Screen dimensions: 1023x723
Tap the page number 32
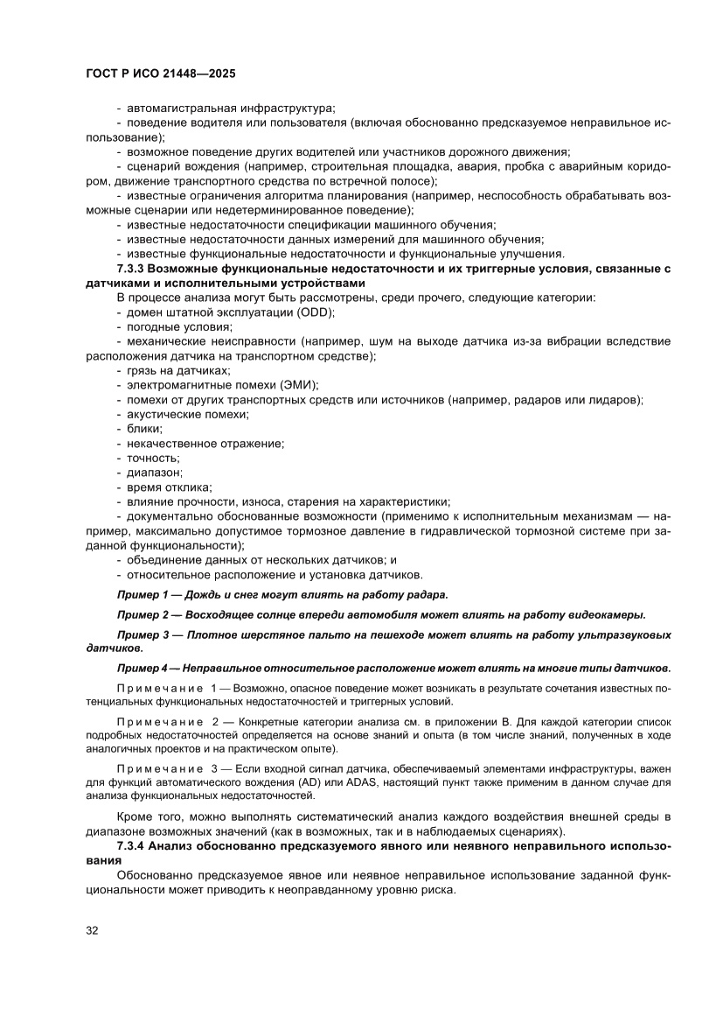(92, 929)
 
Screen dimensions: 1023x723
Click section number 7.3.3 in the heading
(131, 268)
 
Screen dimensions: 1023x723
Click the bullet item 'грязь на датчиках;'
(178, 371)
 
